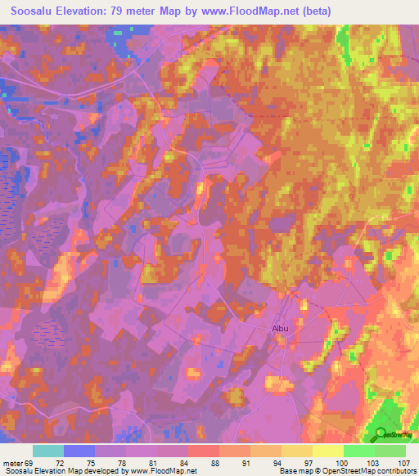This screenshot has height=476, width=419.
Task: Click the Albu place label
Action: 282,329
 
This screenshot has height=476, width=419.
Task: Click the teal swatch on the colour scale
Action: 48,451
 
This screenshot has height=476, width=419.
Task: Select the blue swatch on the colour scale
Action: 79,451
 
